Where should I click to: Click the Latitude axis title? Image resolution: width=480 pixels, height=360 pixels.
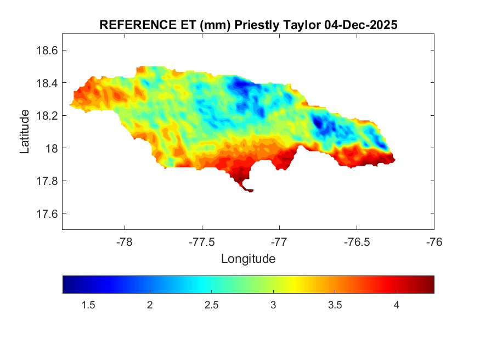[x=25, y=131]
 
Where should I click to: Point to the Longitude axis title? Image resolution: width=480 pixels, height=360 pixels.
[x=248, y=258]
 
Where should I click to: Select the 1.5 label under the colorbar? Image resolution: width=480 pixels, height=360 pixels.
[x=88, y=305]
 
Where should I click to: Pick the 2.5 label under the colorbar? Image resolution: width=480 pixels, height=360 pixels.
[x=211, y=305]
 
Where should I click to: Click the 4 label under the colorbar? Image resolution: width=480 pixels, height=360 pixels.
[x=396, y=305]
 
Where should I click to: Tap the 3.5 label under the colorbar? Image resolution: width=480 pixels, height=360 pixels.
[x=335, y=305]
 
